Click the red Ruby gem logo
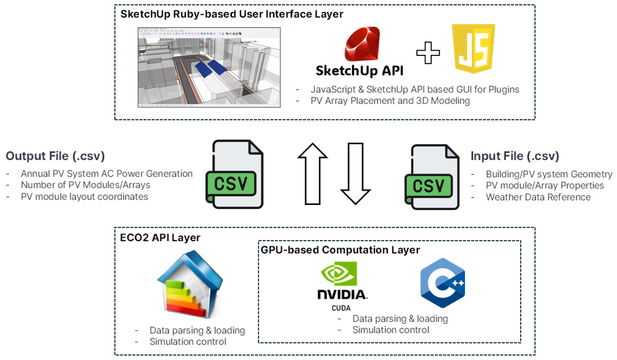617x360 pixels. tap(362, 44)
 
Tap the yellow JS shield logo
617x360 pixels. tap(474, 49)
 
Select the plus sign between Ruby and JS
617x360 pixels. tap(428, 53)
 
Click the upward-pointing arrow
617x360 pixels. tap(313, 174)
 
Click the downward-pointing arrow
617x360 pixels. tap(355, 174)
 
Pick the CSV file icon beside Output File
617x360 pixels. tap(235, 174)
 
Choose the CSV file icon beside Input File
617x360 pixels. tap(432, 177)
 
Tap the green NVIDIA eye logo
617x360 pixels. tap(339, 273)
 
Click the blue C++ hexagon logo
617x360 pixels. tap(443, 283)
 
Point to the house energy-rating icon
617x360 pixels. tap(190, 284)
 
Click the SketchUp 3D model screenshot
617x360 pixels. tap(209, 67)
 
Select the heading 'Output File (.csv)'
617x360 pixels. tap(55, 156)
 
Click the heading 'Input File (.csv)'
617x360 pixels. tap(515, 156)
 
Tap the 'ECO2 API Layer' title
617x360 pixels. tap(160, 238)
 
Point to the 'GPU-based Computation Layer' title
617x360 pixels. tap(340, 250)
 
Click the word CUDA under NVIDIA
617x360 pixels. tap(341, 308)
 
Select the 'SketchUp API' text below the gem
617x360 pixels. tap(359, 71)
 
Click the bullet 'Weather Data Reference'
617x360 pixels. tap(538, 197)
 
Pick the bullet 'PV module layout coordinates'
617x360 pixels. tap(84, 197)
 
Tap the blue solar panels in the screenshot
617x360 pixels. tap(211, 68)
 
